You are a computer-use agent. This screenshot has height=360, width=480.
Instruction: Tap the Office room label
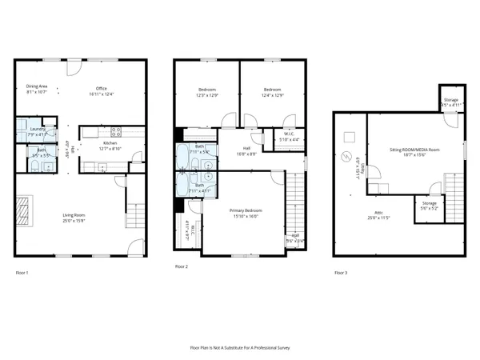point(102,89)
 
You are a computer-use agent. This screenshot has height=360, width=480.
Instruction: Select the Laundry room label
point(37,129)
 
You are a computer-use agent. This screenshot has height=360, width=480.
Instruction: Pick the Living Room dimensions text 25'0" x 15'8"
point(74,220)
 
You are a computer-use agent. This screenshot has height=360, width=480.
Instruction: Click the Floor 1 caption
point(22,273)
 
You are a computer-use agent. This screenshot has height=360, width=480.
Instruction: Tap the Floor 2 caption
point(182,266)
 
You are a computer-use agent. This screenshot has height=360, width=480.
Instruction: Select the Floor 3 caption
point(341,273)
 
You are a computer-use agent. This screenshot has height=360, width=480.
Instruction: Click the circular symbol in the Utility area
point(347,156)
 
